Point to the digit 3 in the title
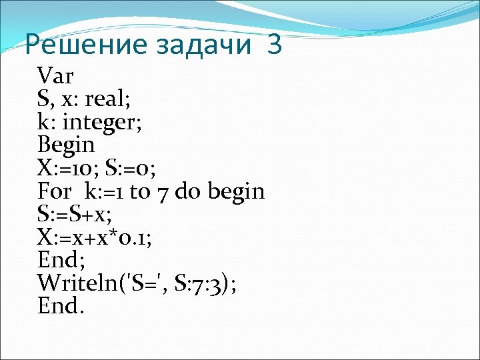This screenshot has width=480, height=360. (x=273, y=45)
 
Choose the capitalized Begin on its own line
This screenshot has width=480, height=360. (x=67, y=145)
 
